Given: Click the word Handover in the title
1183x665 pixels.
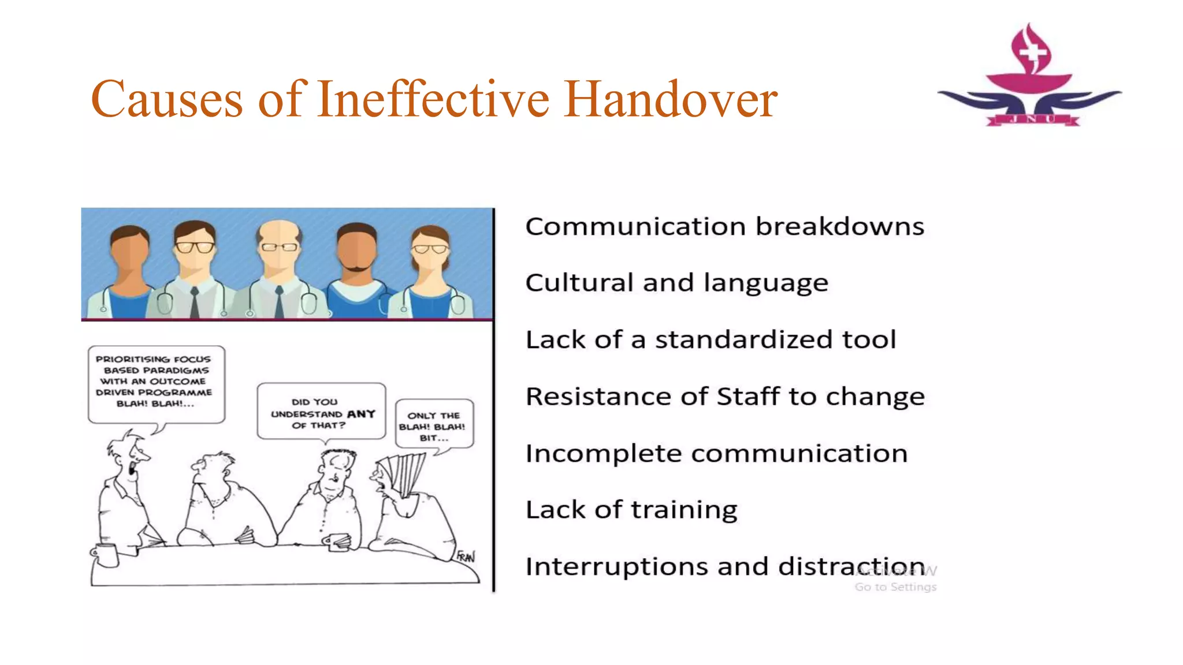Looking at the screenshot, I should click(x=670, y=99).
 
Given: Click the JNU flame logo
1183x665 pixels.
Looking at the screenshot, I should click(x=1030, y=75).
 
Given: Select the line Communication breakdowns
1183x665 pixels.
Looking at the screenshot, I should click(x=724, y=226).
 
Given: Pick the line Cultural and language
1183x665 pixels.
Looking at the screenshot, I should click(x=676, y=283).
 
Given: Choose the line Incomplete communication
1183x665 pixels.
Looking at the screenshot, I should click(x=716, y=453).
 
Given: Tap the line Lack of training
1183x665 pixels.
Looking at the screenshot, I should click(x=631, y=510).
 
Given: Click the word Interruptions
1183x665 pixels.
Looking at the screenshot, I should click(x=616, y=567).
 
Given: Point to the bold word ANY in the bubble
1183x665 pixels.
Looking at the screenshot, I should click(x=361, y=414).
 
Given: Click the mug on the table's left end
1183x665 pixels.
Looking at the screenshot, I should click(x=105, y=555).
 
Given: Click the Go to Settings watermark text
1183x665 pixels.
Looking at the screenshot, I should click(x=895, y=587).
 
